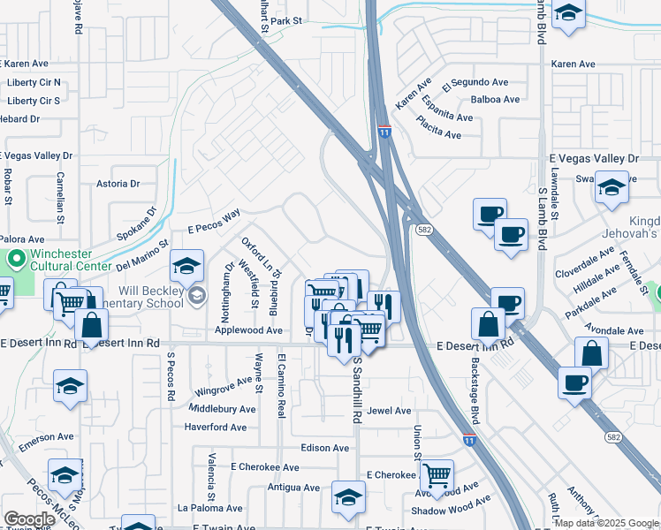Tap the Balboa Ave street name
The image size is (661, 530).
coord(495,100)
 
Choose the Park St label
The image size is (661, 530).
coord(287,20)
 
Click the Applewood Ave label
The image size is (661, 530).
coord(249,330)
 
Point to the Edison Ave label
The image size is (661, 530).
coord(324,448)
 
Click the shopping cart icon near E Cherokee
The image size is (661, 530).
coord(437,474)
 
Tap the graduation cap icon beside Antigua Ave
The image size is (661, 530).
coord(349,496)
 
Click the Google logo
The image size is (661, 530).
coord(29,519)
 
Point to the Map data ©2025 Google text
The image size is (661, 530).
coord(606,523)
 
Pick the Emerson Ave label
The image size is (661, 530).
coord(47,436)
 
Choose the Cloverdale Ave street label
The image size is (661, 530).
coord(585,263)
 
